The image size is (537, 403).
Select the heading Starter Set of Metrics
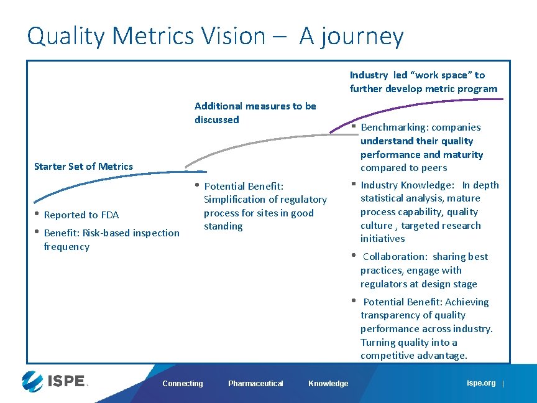(83, 166)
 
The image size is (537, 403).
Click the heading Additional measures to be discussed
(255, 113)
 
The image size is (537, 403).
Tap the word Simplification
(236, 200)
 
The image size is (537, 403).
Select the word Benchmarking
(390, 127)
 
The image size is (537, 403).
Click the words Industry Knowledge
(407, 185)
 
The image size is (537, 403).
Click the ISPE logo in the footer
(52, 380)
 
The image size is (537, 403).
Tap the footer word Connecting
(183, 384)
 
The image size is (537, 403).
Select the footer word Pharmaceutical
(255, 384)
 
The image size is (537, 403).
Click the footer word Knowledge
(328, 384)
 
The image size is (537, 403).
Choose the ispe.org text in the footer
(481, 383)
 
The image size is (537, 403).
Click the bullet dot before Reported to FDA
(37, 214)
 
